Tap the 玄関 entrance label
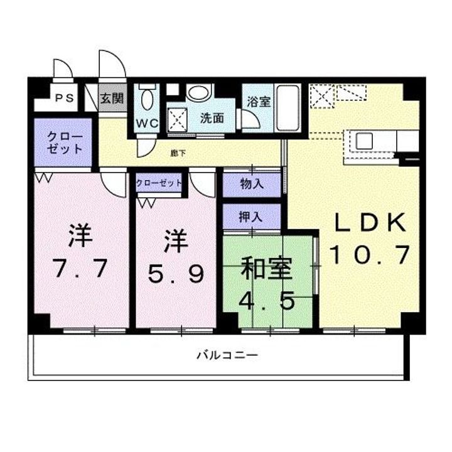[x=113, y=99]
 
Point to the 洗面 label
[x=212, y=117]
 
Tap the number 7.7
[x=80, y=268]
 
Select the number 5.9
[x=176, y=272]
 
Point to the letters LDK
[x=370, y=223]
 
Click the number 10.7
[x=370, y=254]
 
